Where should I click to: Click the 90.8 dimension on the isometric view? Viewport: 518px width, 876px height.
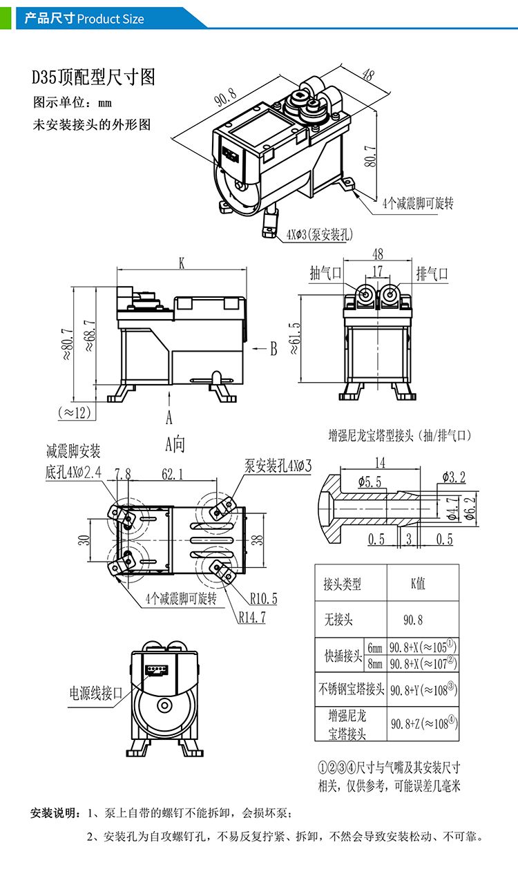(226, 97)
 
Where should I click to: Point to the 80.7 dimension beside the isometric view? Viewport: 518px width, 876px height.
(370, 157)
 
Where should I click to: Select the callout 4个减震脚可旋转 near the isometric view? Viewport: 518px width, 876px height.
(418, 204)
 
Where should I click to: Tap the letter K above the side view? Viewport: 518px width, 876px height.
(182, 263)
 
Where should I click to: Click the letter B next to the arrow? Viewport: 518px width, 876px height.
(273, 349)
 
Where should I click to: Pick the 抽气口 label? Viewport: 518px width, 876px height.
(326, 274)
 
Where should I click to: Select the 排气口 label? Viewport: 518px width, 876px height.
(432, 274)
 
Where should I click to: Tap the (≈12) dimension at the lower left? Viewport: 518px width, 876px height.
(74, 412)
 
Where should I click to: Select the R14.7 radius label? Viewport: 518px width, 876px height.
(252, 618)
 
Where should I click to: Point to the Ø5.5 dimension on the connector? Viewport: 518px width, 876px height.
(370, 482)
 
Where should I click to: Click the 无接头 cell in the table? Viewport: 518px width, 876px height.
(338, 619)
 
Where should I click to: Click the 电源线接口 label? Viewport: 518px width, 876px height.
(95, 692)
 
